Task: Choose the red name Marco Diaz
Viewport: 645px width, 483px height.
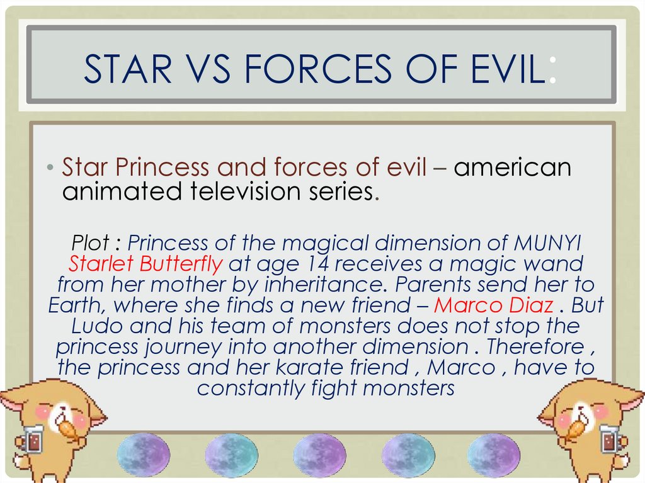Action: pyautogui.click(x=494, y=305)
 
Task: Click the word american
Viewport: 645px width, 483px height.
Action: pyautogui.click(x=513, y=168)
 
